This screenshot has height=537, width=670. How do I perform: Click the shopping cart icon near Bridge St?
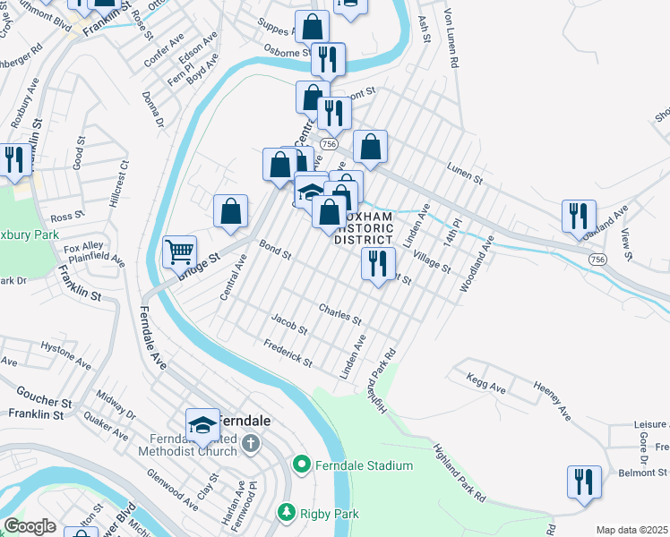point(180,252)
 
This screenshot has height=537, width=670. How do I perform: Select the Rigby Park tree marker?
point(286,513)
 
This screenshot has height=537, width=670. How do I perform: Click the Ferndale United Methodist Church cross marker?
point(251,442)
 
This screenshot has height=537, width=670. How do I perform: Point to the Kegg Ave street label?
point(485,384)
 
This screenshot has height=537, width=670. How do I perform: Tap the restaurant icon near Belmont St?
point(584,481)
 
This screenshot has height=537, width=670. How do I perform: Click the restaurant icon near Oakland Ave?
point(579,215)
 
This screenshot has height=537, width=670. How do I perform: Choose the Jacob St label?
point(289,324)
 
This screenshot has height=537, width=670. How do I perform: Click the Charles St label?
point(340,313)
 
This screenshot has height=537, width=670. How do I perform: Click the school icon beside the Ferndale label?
point(203,423)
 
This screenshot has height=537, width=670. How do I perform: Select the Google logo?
point(30,526)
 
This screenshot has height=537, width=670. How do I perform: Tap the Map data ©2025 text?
point(631,530)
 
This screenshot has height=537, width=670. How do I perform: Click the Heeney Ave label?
point(553,399)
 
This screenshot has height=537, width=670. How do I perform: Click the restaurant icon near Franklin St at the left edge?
point(14,159)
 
